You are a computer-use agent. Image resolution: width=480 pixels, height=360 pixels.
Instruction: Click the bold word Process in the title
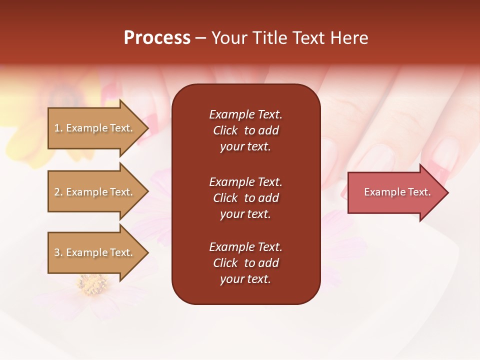(157, 38)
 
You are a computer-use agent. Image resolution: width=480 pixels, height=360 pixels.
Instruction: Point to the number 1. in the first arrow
(58, 128)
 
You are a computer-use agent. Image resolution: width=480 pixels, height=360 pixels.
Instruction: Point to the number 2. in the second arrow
(58, 192)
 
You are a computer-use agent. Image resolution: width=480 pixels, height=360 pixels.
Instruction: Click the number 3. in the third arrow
(58, 252)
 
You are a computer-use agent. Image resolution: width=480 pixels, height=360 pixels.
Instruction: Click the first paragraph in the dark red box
(245, 130)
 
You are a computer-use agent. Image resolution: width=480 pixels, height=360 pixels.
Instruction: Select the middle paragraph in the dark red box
(245, 198)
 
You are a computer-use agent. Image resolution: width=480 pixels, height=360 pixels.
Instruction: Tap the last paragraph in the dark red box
(245, 263)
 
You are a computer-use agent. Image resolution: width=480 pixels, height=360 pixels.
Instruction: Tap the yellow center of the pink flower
(92, 285)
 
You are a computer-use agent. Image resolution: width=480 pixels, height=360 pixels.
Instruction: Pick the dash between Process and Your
(200, 38)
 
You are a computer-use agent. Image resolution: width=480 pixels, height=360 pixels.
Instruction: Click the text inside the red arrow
(397, 192)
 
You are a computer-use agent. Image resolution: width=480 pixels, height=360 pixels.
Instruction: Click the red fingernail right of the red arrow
(439, 172)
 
